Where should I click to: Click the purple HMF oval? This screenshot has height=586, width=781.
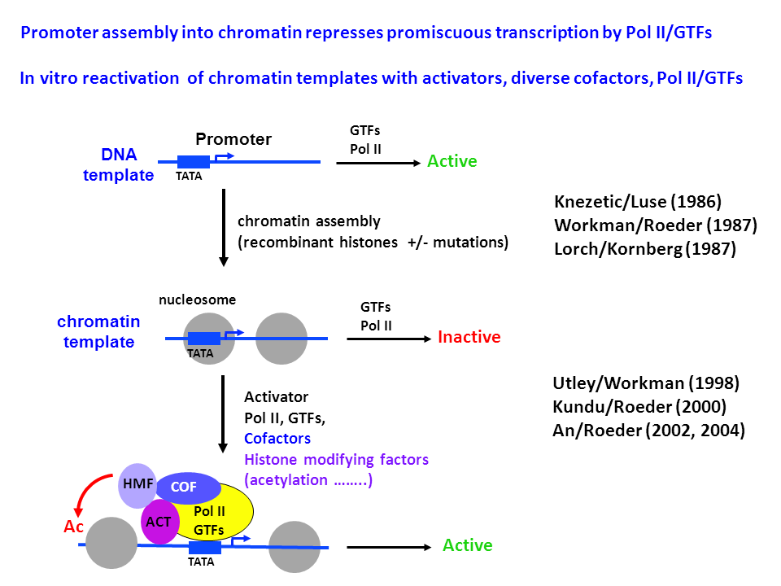coord(135,483)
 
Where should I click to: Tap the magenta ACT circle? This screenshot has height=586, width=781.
coord(158,522)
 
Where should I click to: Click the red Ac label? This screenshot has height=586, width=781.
coord(74,527)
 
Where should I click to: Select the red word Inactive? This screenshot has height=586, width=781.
coord(469,337)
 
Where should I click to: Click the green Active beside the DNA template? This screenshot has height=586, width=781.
coord(452,161)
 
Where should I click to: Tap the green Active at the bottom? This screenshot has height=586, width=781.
coord(467,545)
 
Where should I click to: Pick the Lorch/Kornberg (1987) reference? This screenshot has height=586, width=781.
coord(645,250)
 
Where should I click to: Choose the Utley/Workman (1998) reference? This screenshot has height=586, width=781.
coord(647,383)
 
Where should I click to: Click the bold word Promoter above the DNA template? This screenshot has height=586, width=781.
coord(233,139)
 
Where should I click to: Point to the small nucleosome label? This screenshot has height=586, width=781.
coord(198,300)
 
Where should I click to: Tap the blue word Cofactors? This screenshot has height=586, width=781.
coord(277,439)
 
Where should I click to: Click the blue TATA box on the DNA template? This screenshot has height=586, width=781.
coord(194,162)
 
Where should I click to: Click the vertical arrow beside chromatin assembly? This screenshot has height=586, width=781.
coord(222,228)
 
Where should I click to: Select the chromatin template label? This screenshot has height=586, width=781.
coord(98,331)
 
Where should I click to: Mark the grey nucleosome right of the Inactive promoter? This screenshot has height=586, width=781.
coord(281,338)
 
